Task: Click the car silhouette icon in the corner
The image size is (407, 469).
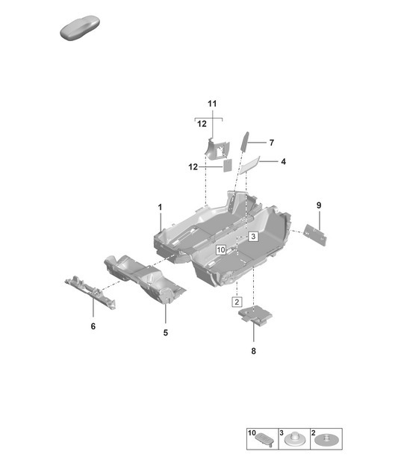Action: [x=78, y=30]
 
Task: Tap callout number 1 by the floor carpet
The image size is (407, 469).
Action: [x=160, y=206]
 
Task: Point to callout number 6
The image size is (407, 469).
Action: [x=93, y=326]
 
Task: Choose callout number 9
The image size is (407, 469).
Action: [x=318, y=205]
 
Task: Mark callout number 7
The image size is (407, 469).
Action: [x=272, y=142]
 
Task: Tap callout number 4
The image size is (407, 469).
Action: [x=283, y=161]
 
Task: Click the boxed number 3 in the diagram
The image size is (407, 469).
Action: [x=253, y=236]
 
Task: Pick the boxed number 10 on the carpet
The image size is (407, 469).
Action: [x=220, y=250]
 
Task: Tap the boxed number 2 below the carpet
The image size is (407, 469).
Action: [x=236, y=302]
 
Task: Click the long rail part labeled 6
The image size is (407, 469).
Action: [x=91, y=292]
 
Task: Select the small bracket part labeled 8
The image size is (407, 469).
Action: [x=255, y=316]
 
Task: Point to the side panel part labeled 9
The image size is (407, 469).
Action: [x=317, y=234]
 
